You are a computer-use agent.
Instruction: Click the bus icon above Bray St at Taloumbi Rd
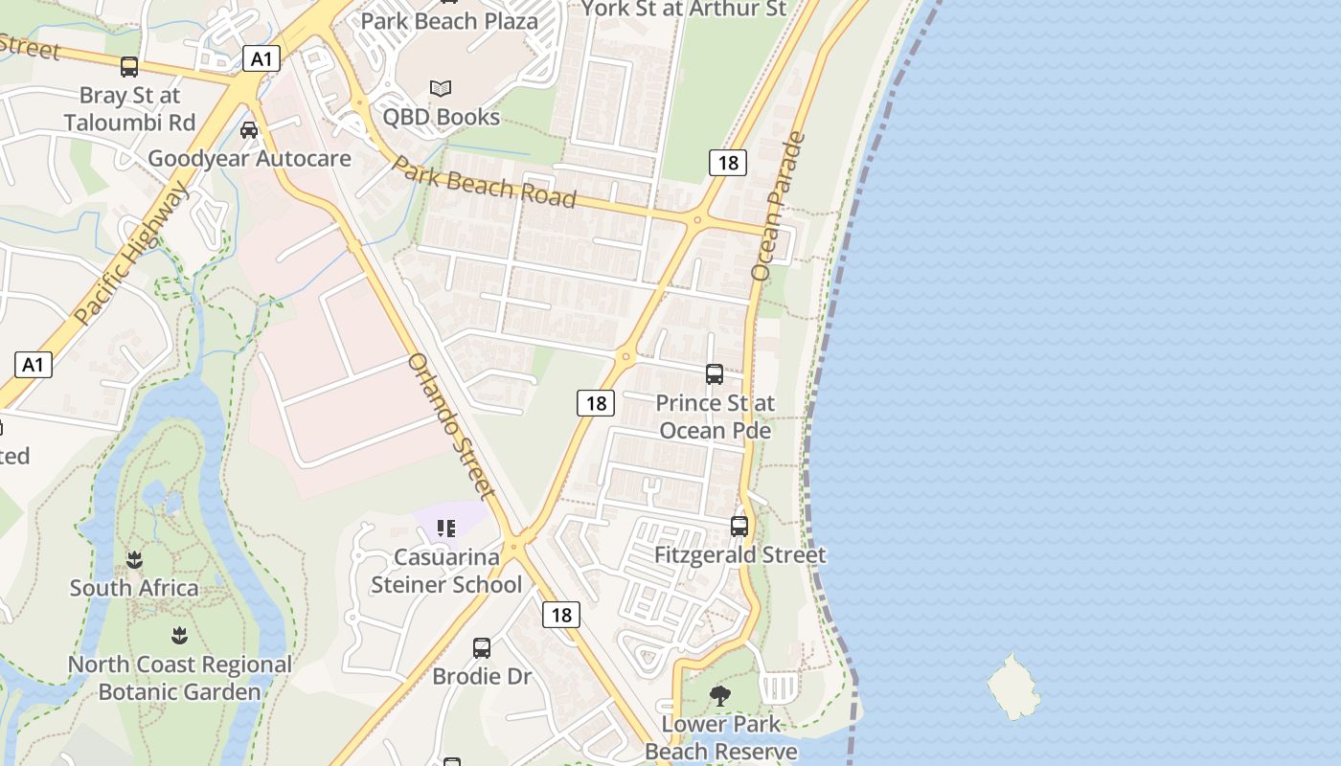(x=129, y=66)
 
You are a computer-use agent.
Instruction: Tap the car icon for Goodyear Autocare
(x=249, y=129)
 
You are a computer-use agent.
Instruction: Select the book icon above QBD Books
(x=441, y=88)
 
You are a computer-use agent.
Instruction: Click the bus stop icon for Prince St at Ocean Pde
(x=715, y=373)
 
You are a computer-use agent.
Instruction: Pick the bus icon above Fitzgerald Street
(x=739, y=526)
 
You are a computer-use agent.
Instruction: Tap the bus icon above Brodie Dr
(x=482, y=647)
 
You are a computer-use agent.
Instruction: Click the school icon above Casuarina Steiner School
(x=446, y=529)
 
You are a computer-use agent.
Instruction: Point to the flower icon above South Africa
(x=134, y=560)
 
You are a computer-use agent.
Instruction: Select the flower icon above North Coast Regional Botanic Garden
(x=179, y=635)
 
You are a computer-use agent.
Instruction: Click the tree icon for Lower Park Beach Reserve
(x=720, y=696)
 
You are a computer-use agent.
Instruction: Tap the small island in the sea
(x=1013, y=686)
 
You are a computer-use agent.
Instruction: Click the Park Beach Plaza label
(x=449, y=20)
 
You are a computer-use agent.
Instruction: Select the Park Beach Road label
(x=485, y=181)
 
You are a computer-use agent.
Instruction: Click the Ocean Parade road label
(x=779, y=206)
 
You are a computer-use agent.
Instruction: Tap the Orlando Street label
(x=451, y=425)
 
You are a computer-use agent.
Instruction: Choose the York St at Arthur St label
(x=684, y=9)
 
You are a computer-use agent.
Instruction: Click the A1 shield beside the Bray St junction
(x=261, y=58)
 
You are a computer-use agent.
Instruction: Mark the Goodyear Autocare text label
(x=249, y=158)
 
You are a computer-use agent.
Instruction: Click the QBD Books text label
(x=441, y=117)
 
